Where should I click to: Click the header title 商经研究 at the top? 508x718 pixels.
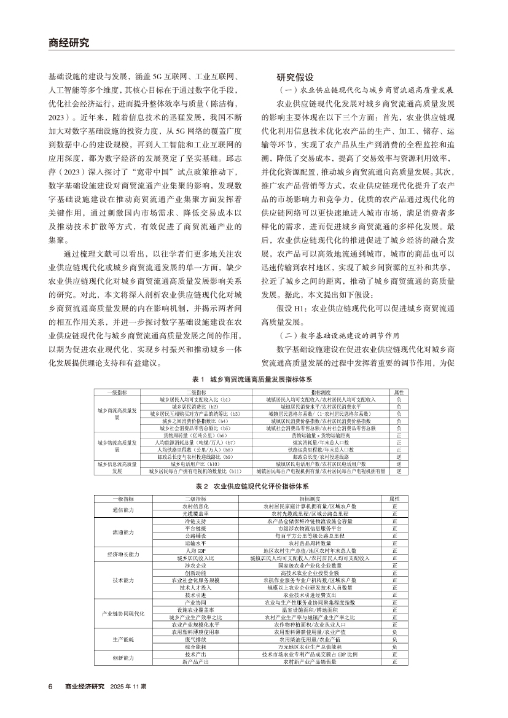[x=69, y=43]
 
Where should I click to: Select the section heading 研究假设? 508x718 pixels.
[x=295, y=78]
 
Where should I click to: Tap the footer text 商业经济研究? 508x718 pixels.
[x=85, y=686]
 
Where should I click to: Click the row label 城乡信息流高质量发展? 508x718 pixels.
[x=117, y=468]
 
